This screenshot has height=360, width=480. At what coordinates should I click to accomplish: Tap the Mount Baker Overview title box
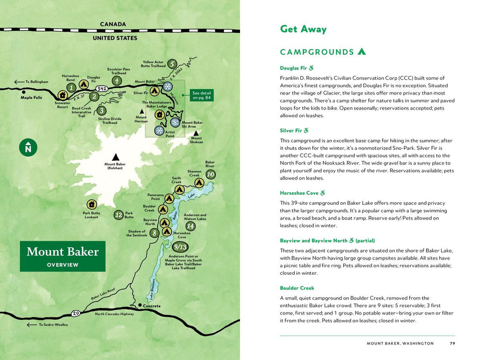point(62,256)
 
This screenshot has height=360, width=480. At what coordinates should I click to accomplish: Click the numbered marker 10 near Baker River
point(210,174)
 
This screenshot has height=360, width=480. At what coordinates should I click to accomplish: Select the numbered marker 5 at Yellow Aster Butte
point(172,64)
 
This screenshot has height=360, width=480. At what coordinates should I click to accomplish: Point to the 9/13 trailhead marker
point(180,247)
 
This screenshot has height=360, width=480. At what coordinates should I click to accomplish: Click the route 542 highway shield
point(102,89)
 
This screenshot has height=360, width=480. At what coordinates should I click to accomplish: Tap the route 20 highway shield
point(76,313)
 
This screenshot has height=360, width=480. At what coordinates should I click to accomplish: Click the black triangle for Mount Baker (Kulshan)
point(115,157)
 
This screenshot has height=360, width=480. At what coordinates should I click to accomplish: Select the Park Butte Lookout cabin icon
point(91,204)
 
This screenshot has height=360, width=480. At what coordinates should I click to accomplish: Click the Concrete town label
point(151,306)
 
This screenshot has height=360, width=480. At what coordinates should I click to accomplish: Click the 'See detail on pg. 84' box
point(202,95)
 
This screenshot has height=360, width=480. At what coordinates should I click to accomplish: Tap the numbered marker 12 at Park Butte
point(119,215)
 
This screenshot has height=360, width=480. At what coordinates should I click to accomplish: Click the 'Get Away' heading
point(303,29)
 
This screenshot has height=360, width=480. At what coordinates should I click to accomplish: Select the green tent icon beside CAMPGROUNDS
point(361,52)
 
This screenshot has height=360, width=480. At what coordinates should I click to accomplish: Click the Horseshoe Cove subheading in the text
point(299,193)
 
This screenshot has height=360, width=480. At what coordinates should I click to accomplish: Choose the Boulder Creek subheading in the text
point(297,288)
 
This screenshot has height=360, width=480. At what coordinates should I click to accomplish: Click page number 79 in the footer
point(452,343)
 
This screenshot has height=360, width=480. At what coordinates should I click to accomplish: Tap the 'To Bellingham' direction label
point(37,82)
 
